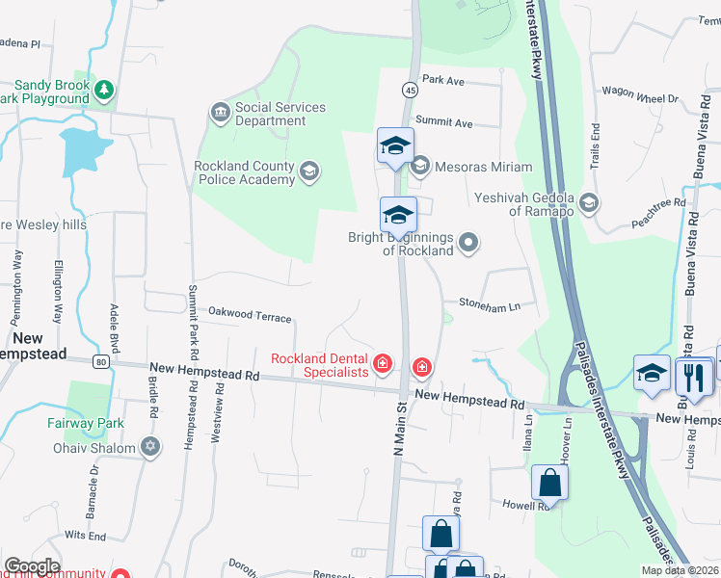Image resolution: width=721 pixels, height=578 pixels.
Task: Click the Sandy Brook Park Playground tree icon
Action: tap(104, 91)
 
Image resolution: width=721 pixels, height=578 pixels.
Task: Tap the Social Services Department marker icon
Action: tap(220, 114)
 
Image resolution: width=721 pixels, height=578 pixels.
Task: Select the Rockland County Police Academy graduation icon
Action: tap(308, 172)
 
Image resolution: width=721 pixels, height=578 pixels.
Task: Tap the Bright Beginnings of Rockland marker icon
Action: tap(468, 243)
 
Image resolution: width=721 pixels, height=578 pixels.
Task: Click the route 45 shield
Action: tap(410, 90)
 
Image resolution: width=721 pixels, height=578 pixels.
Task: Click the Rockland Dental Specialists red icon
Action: tap(383, 363)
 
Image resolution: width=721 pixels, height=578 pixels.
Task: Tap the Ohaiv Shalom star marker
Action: tap(148, 447)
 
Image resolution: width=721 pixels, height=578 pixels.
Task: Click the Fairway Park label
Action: tap(85, 422)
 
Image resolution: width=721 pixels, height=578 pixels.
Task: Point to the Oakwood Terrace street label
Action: tap(250, 315)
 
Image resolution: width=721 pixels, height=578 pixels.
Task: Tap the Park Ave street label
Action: tap(443, 80)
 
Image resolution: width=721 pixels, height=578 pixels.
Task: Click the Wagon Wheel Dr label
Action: tap(641, 98)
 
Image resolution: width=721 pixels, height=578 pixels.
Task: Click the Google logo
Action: tap(32, 566)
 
